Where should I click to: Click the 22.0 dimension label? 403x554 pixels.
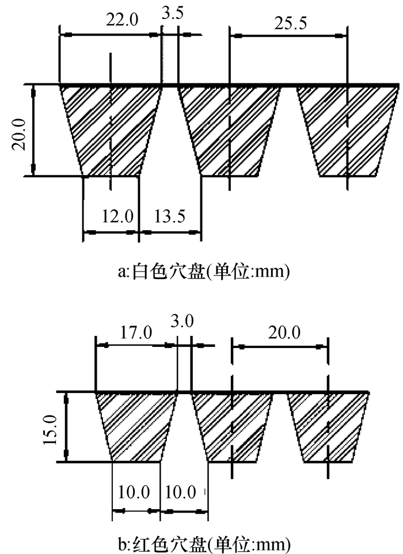click(121, 21)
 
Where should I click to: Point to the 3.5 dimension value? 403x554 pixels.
click(173, 14)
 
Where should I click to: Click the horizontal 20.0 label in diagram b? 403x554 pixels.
click(283, 332)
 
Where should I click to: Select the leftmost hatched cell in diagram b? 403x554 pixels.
click(136, 426)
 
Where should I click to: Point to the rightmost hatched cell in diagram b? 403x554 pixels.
click(328, 426)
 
